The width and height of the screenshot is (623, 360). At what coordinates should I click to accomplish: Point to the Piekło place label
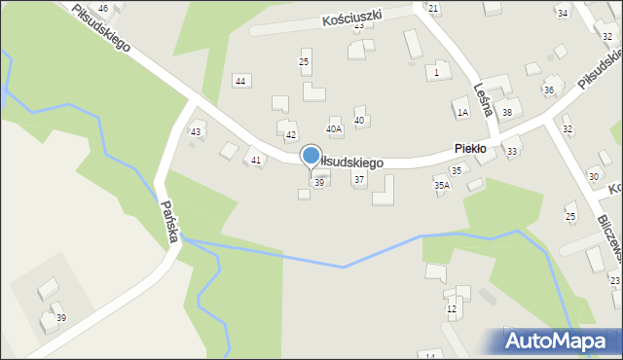click(x=476, y=148)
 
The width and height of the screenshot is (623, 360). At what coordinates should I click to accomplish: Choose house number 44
click(x=240, y=81)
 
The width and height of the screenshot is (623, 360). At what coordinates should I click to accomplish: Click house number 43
click(x=196, y=131)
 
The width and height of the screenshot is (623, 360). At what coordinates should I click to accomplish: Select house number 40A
click(x=334, y=128)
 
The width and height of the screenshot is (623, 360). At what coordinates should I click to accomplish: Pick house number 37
click(x=359, y=180)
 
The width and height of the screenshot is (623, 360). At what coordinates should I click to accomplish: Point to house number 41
click(x=256, y=160)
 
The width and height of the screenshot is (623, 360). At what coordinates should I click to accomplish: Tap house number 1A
click(x=463, y=112)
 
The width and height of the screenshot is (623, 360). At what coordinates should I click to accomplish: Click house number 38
click(x=507, y=112)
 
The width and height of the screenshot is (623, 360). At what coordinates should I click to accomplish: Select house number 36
click(x=549, y=90)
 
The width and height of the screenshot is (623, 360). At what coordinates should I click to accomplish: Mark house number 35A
click(x=442, y=185)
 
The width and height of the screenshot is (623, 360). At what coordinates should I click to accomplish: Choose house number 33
click(x=512, y=151)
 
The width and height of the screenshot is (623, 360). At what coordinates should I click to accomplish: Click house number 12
click(x=452, y=308)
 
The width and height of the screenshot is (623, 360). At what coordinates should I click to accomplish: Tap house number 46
click(x=103, y=8)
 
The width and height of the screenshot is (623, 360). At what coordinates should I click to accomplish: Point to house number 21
click(x=434, y=8)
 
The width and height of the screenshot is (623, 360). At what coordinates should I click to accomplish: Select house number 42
click(x=290, y=134)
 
